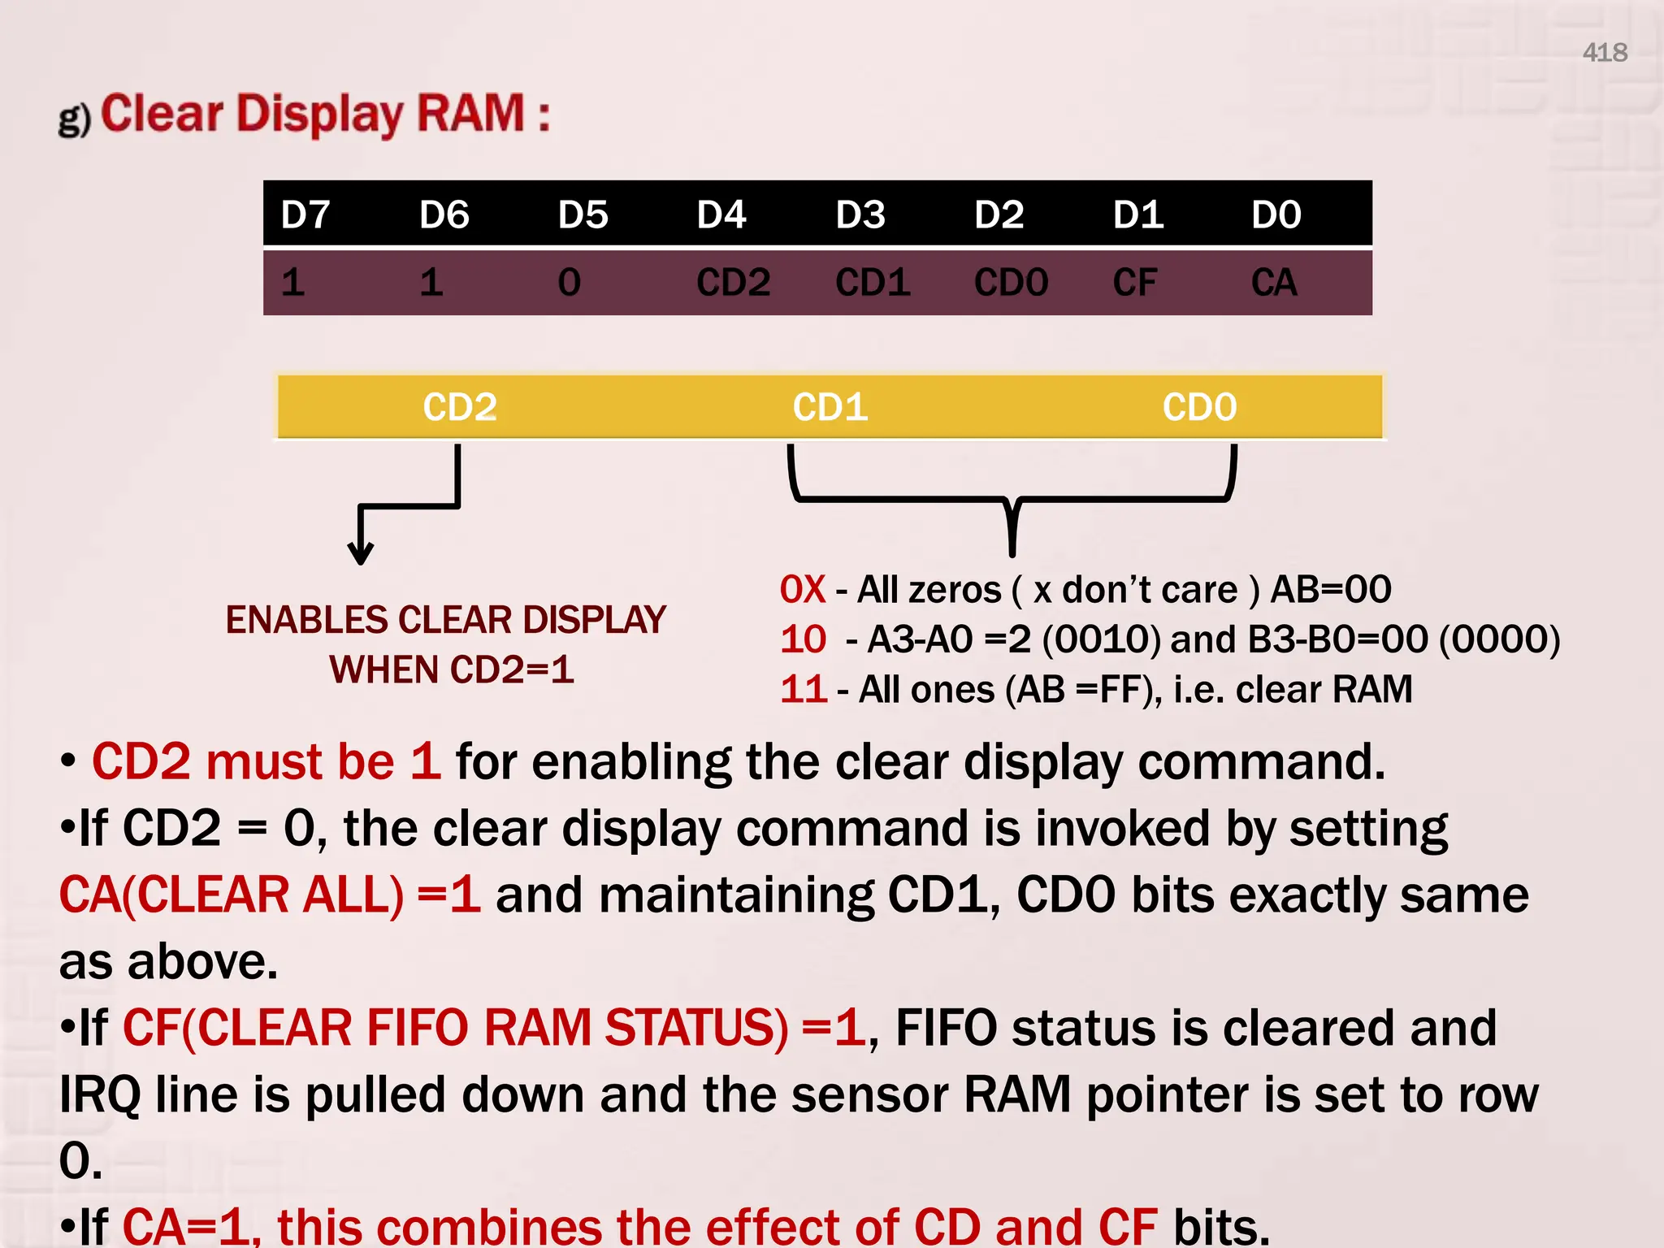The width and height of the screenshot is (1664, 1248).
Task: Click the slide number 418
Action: [1604, 53]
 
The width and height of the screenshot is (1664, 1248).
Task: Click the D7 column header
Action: [305, 215]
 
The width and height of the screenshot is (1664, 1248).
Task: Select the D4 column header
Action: [721, 215]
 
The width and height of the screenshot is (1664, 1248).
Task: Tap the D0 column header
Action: [1276, 215]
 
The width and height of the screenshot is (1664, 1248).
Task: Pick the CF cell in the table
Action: [1134, 283]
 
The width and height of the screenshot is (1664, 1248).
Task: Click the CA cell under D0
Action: [1273, 283]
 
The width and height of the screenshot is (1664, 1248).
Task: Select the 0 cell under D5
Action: [569, 283]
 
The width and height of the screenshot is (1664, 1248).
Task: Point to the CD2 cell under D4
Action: [733, 283]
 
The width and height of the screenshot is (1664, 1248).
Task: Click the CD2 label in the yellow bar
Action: [459, 407]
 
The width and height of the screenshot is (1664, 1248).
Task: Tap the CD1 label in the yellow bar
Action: [830, 407]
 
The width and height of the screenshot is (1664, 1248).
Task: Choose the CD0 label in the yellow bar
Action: [1199, 407]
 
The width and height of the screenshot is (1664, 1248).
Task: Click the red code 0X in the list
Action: [802, 590]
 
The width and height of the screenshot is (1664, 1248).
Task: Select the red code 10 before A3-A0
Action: [803, 640]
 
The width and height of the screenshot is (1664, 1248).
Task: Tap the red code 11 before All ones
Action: [803, 690]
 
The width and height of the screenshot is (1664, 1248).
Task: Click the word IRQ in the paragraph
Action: [99, 1094]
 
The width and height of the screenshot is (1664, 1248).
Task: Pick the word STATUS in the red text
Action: [695, 1028]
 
